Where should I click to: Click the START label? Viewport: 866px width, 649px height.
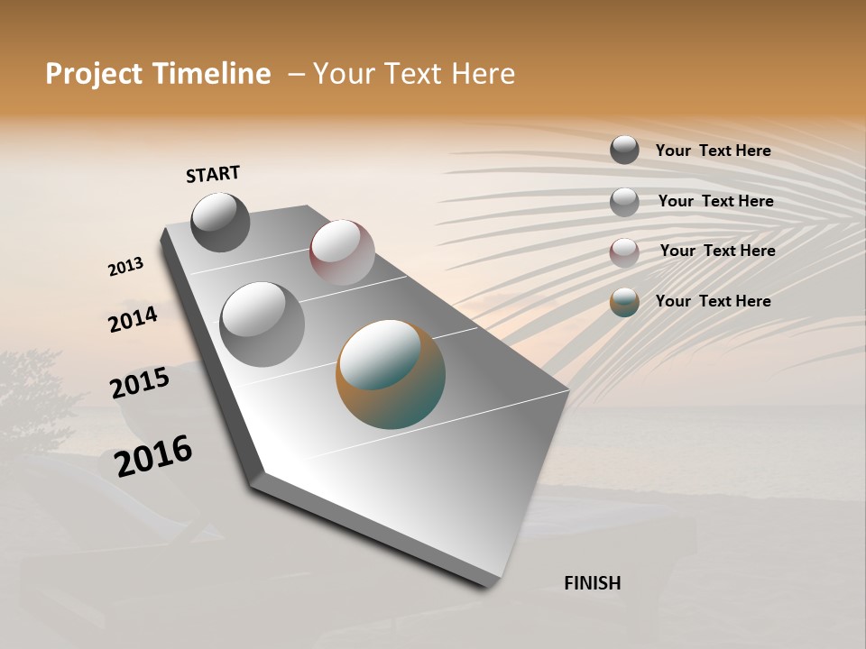[213, 174]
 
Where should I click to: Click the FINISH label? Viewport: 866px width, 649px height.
[592, 583]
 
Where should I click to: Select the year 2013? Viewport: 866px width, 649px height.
[125, 267]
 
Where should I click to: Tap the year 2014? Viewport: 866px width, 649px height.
[133, 319]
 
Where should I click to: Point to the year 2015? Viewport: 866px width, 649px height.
[140, 383]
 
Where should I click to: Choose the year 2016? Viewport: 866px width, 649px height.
[153, 455]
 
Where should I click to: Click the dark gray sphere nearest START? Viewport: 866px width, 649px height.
[220, 223]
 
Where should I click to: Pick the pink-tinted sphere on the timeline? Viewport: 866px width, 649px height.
[342, 251]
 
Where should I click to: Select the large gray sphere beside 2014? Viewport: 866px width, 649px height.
[262, 324]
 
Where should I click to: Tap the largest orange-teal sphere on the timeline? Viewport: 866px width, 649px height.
[391, 374]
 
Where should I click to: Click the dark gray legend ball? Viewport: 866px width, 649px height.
[624, 150]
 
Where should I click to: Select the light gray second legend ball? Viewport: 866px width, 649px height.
[624, 202]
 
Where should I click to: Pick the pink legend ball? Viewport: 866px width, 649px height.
[624, 251]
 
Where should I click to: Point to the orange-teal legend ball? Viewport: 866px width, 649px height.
[624, 302]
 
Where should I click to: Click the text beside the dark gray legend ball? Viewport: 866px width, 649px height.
[713, 151]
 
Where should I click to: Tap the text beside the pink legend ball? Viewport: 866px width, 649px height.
[717, 251]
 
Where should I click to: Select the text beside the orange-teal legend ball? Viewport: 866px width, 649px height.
[713, 301]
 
